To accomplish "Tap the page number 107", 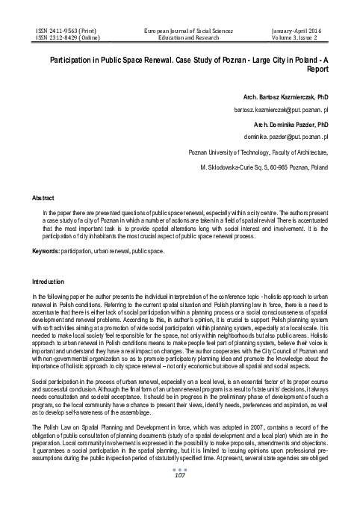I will (179, 496).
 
